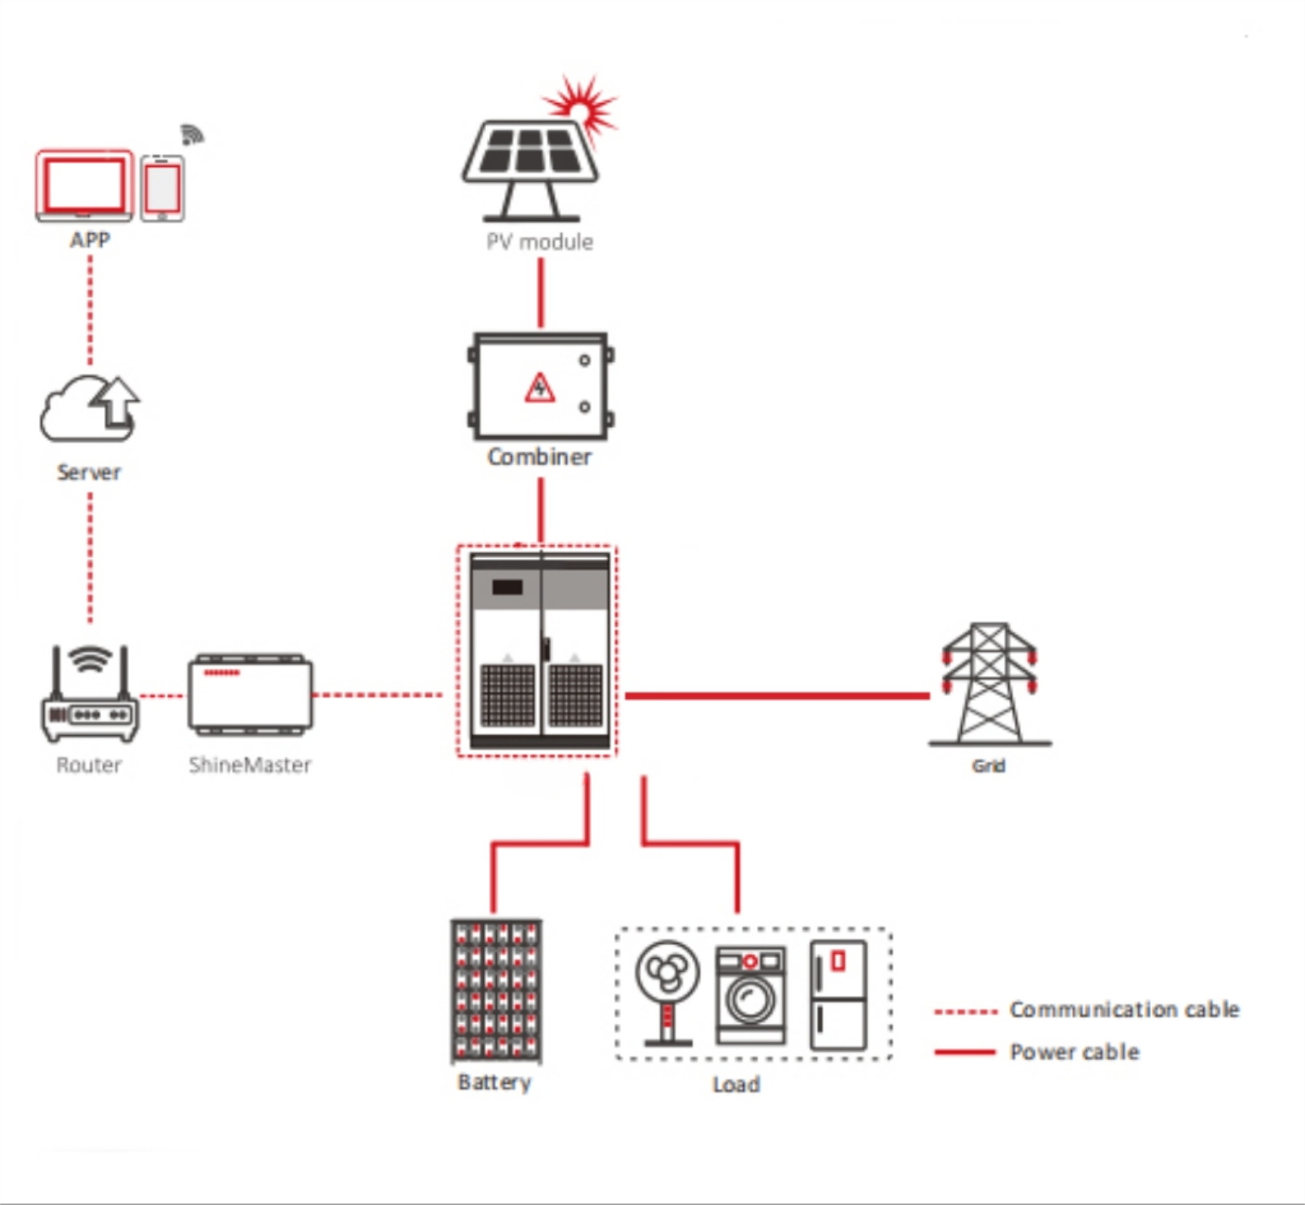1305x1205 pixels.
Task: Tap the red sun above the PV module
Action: tap(583, 103)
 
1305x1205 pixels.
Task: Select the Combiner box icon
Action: tap(540, 386)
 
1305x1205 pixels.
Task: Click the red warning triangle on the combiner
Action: tap(539, 388)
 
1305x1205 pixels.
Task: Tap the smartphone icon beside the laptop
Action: tap(163, 188)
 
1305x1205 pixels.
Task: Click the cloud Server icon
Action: tap(89, 409)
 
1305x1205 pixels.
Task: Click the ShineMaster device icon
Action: tap(250, 694)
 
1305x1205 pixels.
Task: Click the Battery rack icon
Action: tap(496, 991)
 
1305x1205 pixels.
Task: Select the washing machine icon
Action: tap(750, 994)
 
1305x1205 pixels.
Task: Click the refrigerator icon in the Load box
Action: tap(838, 995)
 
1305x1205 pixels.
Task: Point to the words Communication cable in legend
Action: tap(1124, 1009)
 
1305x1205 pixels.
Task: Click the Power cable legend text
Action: tap(1074, 1052)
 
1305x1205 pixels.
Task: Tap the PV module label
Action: tap(539, 242)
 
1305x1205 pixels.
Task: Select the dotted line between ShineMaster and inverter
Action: tap(377, 695)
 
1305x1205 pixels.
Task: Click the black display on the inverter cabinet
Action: tap(507, 587)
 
